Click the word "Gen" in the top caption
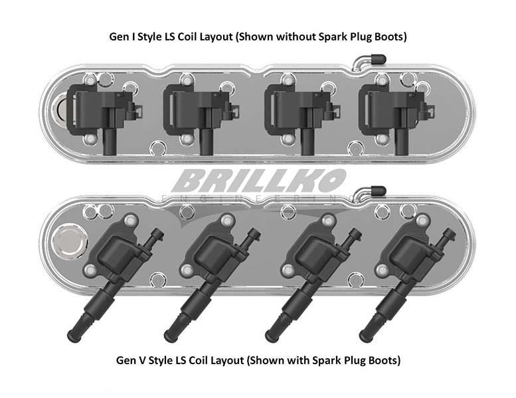[119, 36]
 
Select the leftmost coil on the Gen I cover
[104, 116]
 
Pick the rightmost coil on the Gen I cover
[396, 116]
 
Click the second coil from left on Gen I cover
[201, 116]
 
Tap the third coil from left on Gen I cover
[303, 116]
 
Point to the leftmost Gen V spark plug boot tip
[74, 336]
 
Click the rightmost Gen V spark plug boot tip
[365, 336]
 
